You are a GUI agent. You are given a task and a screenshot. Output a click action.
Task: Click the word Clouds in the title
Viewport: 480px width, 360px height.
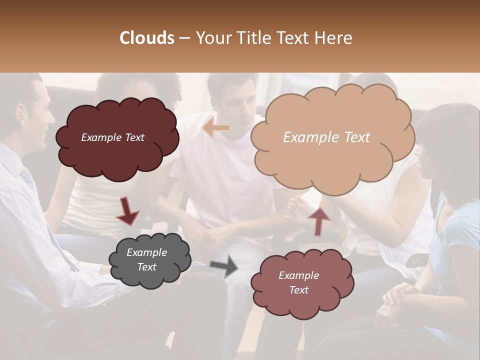pyautogui.click(x=147, y=38)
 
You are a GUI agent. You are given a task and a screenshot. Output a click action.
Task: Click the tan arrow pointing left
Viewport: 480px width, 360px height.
pyautogui.click(x=216, y=128)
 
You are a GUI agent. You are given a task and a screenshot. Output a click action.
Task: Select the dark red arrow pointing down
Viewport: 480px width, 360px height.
pyautogui.click(x=127, y=210)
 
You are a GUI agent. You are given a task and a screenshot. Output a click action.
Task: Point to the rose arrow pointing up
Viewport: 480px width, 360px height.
pyautogui.click(x=318, y=220)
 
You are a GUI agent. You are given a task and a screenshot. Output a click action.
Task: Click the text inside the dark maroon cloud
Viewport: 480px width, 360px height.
pyautogui.click(x=112, y=137)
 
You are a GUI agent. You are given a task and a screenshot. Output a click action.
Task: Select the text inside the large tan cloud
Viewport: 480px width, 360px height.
pyautogui.click(x=326, y=137)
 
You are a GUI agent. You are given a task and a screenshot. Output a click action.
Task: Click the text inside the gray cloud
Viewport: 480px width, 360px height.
pyautogui.click(x=146, y=260)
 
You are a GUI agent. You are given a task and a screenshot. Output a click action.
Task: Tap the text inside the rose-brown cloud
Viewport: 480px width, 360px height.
pyautogui.click(x=298, y=282)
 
